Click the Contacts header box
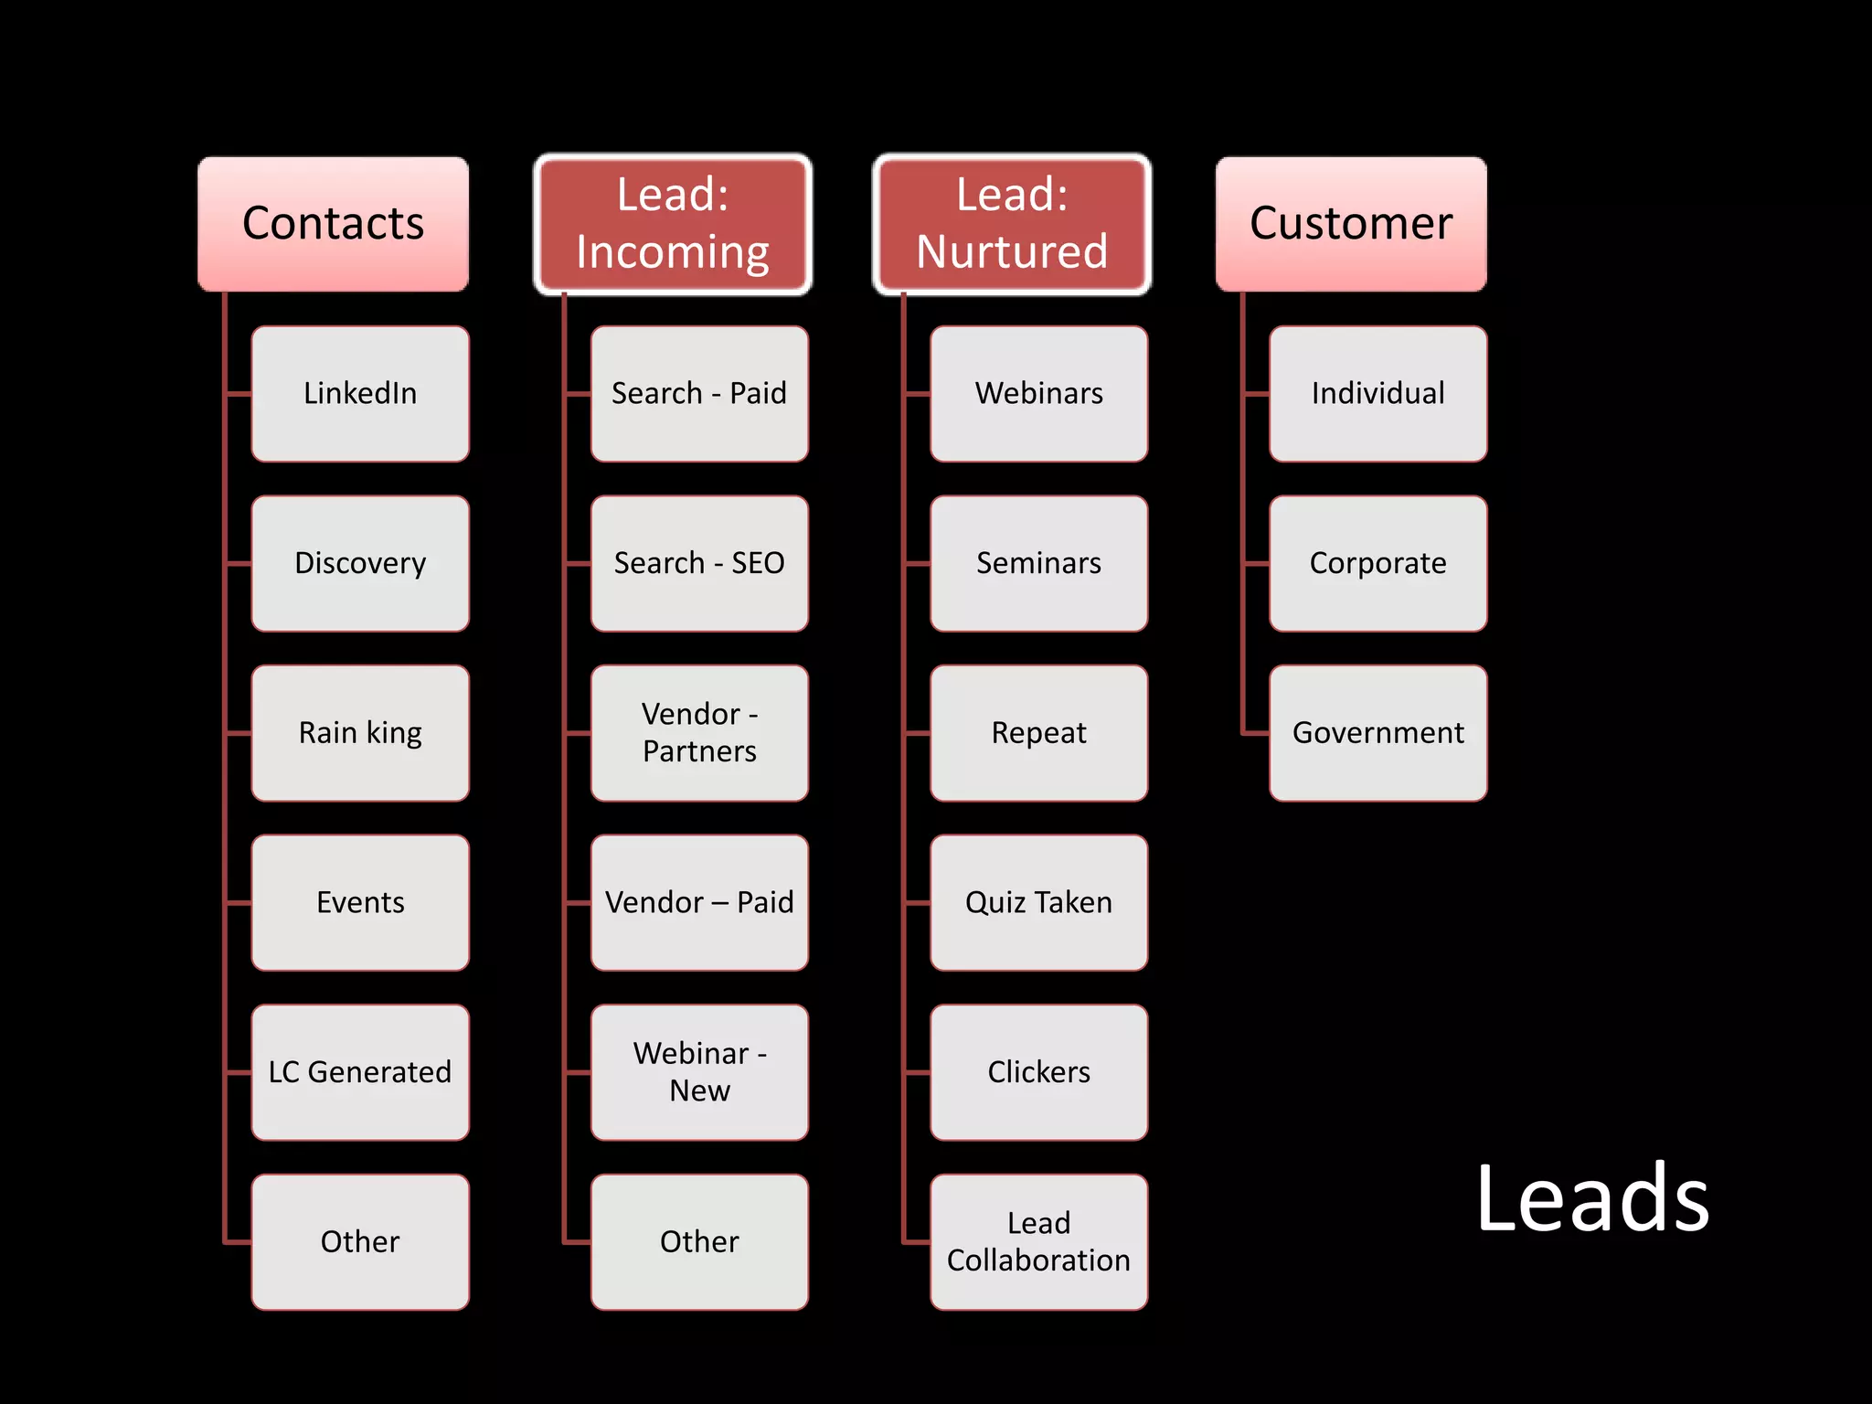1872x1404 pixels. coord(333,224)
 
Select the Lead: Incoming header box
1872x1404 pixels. coord(673,224)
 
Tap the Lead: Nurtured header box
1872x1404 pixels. coord(1012,224)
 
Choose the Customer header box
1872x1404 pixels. coord(1351,224)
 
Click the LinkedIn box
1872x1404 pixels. coord(360,394)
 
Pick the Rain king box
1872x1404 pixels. coord(360,733)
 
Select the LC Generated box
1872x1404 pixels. coord(360,1072)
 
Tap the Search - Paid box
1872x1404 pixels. coord(699,394)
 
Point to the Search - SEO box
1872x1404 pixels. coord(699,563)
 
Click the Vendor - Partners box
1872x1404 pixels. coord(699,733)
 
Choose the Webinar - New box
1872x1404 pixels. coord(699,1072)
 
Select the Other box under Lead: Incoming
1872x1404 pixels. coord(699,1242)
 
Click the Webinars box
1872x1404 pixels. coord(1038,394)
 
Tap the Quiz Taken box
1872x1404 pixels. coord(1038,903)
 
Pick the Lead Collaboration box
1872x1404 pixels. coord(1038,1242)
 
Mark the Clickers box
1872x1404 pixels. coord(1038,1072)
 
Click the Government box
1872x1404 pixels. coord(1377,733)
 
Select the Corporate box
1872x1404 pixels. coord(1377,563)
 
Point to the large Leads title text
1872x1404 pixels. coord(1591,1197)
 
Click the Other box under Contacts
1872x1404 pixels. coord(360,1242)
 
